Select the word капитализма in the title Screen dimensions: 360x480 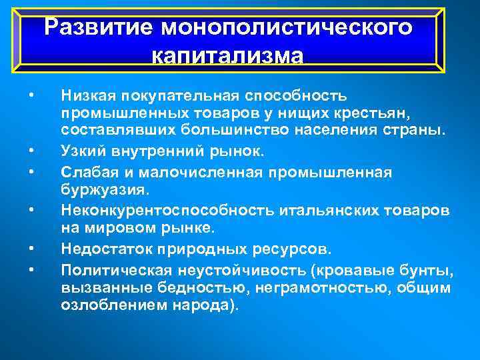(x=227, y=55)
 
